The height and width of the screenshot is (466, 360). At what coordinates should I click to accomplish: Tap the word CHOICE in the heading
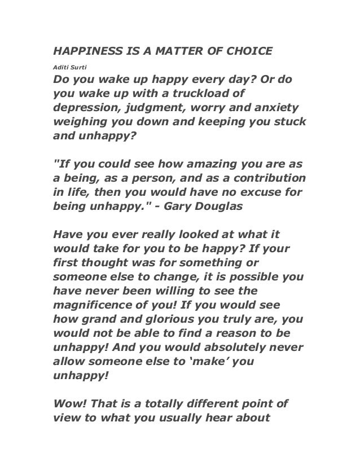pyautogui.click(x=247, y=52)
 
